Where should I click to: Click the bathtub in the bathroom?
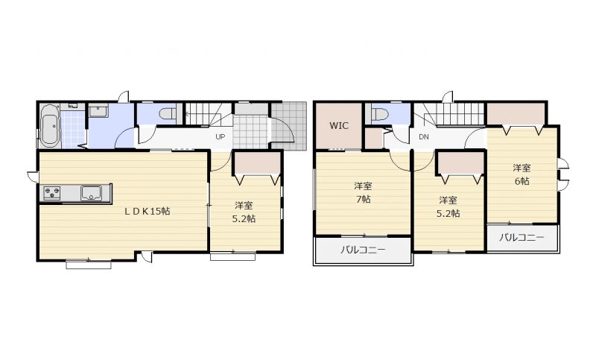(50, 125)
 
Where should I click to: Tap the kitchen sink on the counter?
(91, 193)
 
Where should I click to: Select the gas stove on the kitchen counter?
(51, 193)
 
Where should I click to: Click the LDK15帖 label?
(147, 212)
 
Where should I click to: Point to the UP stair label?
(220, 137)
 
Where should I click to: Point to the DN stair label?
(424, 137)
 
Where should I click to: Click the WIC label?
(339, 126)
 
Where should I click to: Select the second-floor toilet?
(379, 114)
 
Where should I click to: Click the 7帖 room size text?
(364, 199)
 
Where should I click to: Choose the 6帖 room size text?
(522, 181)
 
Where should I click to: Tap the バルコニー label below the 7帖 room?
(363, 250)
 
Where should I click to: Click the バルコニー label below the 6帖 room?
(521, 238)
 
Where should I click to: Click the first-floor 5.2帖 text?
(244, 218)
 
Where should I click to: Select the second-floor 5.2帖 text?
(448, 213)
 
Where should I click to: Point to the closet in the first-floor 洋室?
(257, 163)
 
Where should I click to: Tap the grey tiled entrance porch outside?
(288, 125)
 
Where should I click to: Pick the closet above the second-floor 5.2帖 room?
(460, 162)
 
